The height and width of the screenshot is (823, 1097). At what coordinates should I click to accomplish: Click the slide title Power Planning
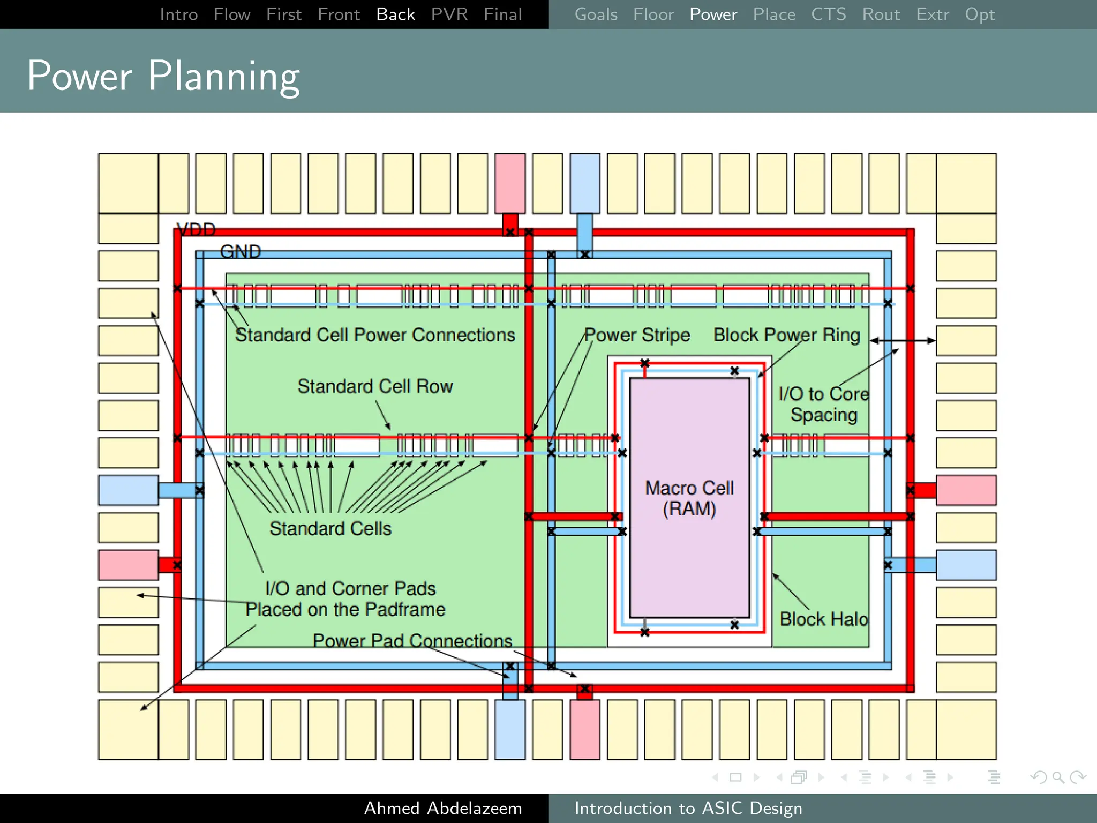point(163,76)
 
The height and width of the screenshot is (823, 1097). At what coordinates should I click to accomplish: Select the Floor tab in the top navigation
point(652,14)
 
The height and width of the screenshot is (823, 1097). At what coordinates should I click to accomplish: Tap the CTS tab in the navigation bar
point(828,14)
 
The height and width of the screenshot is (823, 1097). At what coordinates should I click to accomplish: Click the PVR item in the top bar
point(449,14)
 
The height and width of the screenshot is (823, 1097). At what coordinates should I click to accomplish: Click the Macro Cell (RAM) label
point(689,498)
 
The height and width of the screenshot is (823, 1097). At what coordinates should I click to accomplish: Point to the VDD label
point(196,230)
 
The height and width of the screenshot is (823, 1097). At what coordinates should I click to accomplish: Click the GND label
point(241,252)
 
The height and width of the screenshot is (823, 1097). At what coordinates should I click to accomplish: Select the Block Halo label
point(823,619)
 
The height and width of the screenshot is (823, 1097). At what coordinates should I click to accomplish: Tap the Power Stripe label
point(637,335)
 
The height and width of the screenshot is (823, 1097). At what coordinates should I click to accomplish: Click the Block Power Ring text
point(786,335)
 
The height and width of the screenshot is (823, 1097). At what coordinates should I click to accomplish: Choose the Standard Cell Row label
point(375,386)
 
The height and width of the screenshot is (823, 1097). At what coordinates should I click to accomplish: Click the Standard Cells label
point(330,529)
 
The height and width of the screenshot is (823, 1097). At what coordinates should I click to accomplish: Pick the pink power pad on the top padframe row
point(510,183)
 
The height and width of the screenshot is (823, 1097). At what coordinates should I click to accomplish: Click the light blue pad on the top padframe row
point(584,183)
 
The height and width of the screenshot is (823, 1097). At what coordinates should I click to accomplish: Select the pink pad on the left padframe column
point(129,565)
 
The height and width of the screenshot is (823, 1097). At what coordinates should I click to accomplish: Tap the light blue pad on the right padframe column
point(966,565)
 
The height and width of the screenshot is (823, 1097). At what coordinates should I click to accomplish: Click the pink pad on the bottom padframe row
point(584,729)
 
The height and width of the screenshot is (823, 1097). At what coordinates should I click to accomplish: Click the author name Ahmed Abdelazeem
point(442,808)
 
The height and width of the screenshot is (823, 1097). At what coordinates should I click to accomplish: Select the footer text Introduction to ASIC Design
point(688,808)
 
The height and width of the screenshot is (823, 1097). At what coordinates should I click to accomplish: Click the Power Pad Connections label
point(412,641)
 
